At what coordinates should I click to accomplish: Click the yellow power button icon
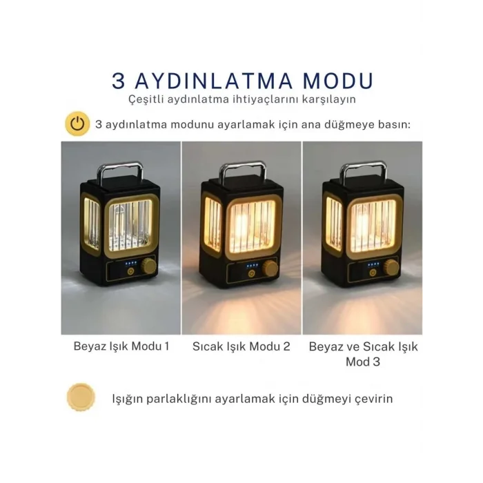(x=78, y=124)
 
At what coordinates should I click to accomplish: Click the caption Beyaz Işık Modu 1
(x=121, y=346)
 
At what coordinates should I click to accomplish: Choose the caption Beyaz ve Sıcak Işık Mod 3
(x=364, y=353)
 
